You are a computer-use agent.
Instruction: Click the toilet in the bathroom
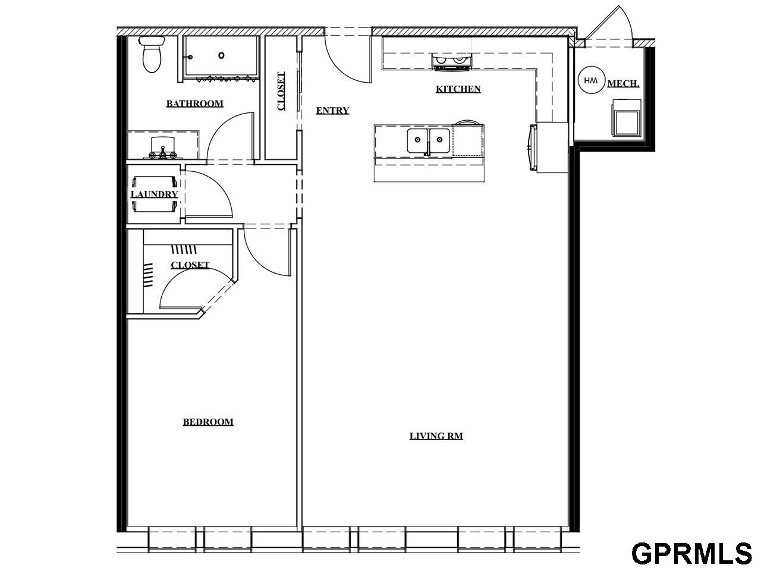click(152, 54)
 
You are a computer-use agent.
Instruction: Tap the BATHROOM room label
click(194, 103)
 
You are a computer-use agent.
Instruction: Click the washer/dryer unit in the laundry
click(155, 194)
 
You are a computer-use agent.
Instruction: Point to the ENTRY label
click(332, 111)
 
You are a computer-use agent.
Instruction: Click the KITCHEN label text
click(458, 89)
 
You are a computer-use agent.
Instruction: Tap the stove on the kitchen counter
click(452, 61)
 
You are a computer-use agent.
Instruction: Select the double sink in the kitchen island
click(428, 140)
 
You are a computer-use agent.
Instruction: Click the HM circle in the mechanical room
click(590, 80)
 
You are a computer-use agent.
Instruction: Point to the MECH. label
click(623, 84)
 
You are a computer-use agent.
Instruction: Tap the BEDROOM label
click(207, 422)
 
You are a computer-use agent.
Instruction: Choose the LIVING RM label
click(436, 436)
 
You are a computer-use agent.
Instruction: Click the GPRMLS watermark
click(691, 553)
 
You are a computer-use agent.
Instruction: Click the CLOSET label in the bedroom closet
click(190, 265)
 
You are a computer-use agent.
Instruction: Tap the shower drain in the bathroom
click(221, 55)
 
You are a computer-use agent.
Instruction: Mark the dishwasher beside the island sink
click(467, 140)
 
